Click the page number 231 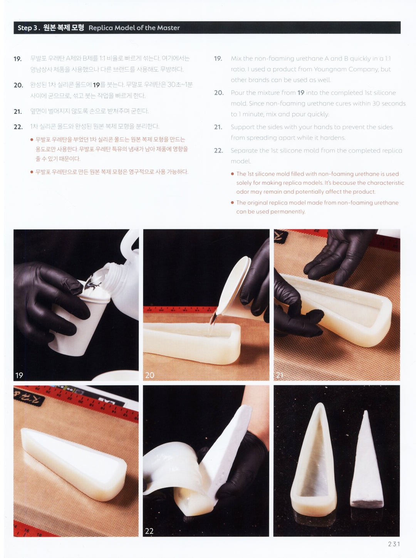pyautogui.click(x=394, y=544)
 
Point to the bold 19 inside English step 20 pyautogui.click(x=301, y=93)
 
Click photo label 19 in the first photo pyautogui.click(x=19, y=375)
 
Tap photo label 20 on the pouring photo pyautogui.click(x=150, y=375)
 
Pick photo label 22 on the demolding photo pyautogui.click(x=149, y=531)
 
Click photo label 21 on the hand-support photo pyautogui.click(x=280, y=375)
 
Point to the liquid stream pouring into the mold pyautogui.click(x=212, y=323)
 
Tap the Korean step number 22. pyautogui.click(x=18, y=127)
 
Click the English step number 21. pyautogui.click(x=218, y=127)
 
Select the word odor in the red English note pyautogui.click(x=242, y=192)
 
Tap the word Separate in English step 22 pyautogui.click(x=242, y=151)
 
